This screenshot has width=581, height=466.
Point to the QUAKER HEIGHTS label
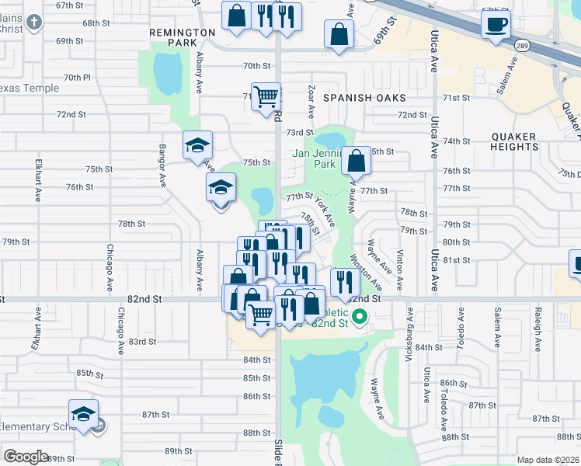point(514,141)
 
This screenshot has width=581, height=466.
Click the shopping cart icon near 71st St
point(266,96)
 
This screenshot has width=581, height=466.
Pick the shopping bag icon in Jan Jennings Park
point(356,162)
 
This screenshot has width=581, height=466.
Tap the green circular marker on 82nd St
point(360,316)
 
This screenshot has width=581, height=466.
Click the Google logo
point(26,456)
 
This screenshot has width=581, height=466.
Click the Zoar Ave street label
point(311,96)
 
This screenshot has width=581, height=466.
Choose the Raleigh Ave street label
point(537,333)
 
